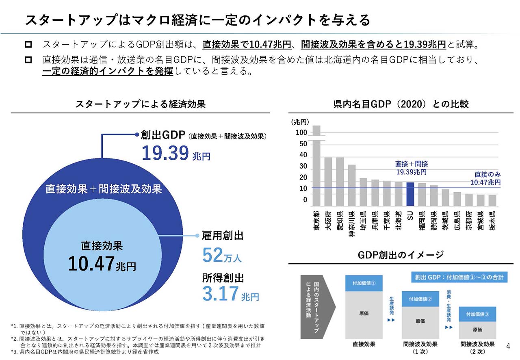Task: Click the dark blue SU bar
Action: pos(410,194)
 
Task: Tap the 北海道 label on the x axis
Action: pos(399,220)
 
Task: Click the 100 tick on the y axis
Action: pos(301,133)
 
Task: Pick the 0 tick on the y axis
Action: pos(305,200)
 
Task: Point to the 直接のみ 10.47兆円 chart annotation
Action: pos(485,178)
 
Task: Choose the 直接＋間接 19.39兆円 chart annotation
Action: pos(411,168)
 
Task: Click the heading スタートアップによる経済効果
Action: pos(141,104)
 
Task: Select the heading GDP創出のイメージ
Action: pos(401,255)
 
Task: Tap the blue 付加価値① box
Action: pos(364,283)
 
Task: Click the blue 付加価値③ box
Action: pos(478,314)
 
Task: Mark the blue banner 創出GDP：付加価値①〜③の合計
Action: pos(458,278)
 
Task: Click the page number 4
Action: pos(508,346)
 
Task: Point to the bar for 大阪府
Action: pos(328,181)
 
